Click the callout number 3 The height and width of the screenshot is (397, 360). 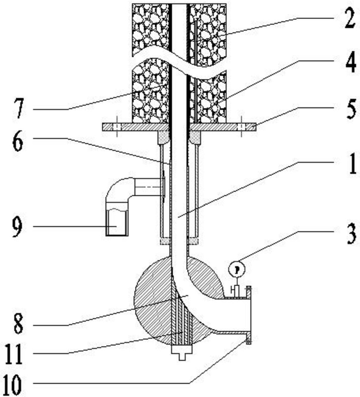tap(349, 234)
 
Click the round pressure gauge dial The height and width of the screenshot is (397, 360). tap(237, 269)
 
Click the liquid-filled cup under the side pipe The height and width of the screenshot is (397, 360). tap(117, 222)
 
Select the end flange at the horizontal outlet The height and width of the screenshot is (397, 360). tap(250, 314)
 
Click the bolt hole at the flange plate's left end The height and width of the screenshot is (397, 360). tap(116, 127)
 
